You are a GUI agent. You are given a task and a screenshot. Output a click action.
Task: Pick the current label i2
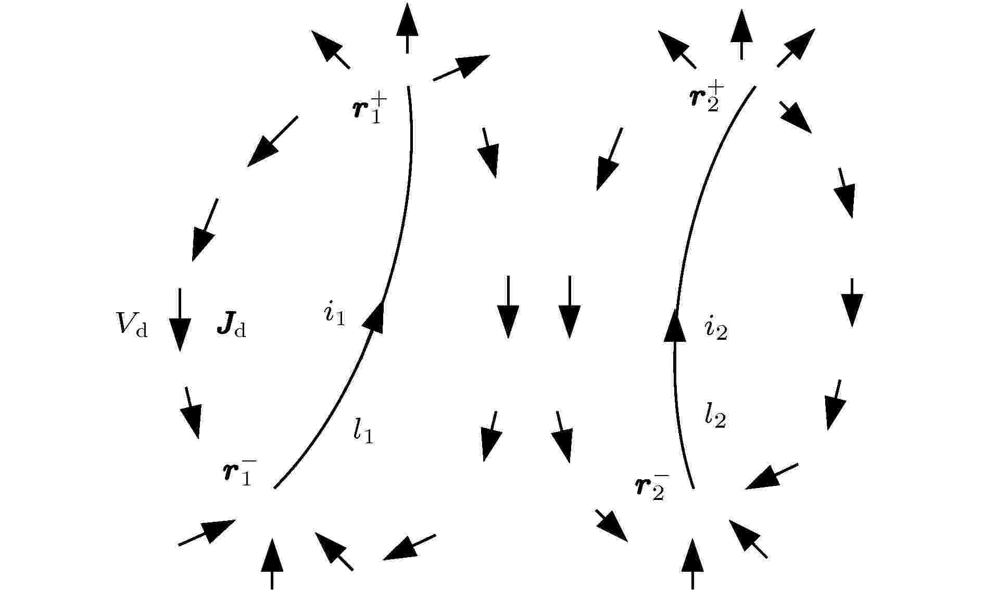(716, 329)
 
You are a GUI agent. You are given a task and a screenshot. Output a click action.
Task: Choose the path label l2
(716, 416)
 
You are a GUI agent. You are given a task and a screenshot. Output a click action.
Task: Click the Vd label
(131, 326)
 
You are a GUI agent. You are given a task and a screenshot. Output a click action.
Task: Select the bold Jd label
(231, 326)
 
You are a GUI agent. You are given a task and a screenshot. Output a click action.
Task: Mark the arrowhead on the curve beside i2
(676, 325)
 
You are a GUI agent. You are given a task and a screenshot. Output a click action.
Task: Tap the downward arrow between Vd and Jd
(180, 320)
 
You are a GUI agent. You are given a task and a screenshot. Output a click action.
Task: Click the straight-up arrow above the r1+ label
(407, 28)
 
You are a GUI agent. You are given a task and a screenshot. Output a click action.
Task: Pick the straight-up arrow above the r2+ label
(741, 34)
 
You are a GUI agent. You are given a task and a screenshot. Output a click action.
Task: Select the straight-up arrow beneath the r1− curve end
(272, 563)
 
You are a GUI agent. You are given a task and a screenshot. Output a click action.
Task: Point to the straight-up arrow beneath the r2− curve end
(692, 563)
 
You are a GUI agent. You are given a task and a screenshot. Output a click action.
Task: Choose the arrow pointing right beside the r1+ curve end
(461, 68)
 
